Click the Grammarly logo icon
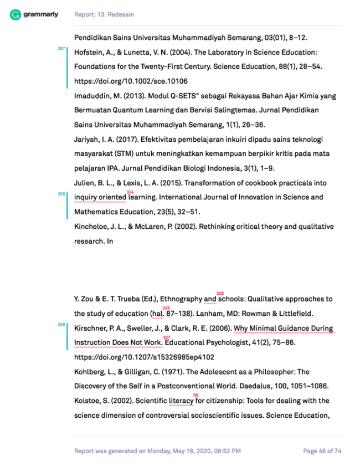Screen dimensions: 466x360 point(16,14)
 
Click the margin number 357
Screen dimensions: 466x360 point(61,49)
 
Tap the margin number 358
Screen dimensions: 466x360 point(61,194)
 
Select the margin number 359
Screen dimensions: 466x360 point(61,325)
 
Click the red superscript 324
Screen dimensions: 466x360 point(130,192)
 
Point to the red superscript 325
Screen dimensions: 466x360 point(220,293)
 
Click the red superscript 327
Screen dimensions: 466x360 point(167,337)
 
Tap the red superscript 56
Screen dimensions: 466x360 point(196,395)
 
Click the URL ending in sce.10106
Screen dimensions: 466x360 point(131,81)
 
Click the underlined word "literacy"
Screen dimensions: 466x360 point(181,401)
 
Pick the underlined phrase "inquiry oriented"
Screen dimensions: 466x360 point(100,197)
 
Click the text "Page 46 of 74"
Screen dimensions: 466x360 point(322,451)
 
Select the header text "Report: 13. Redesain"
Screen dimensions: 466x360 point(104,14)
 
